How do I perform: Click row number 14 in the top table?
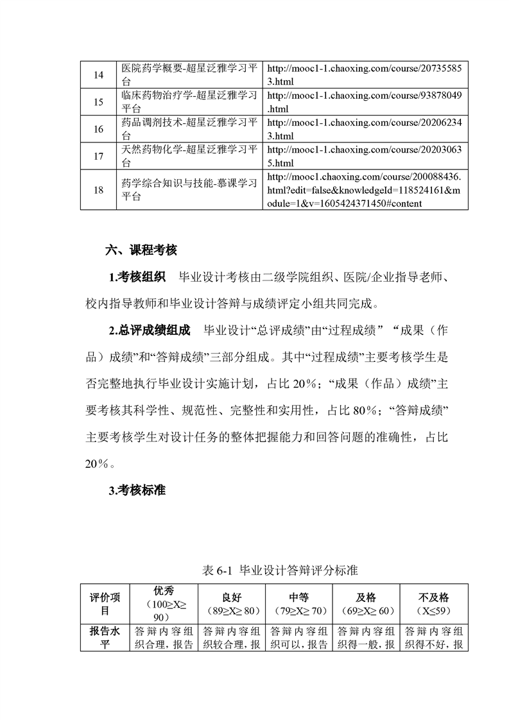(x=98, y=74)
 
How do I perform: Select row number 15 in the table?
(x=98, y=102)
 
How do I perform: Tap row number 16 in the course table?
(x=98, y=129)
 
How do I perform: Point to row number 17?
(x=98, y=156)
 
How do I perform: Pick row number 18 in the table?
(x=98, y=190)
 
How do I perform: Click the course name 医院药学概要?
(x=189, y=74)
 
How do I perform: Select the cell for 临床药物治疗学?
(x=189, y=102)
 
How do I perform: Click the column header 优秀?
(x=164, y=591)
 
